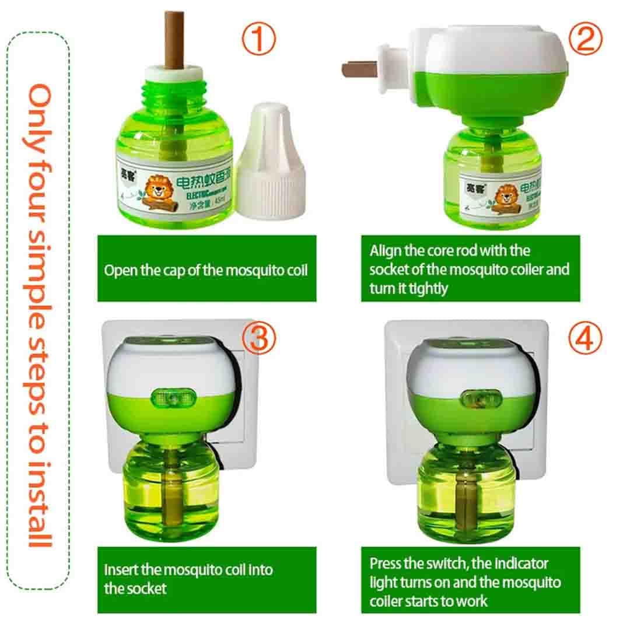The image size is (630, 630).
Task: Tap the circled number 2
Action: pos(584,40)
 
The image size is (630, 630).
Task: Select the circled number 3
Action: pos(259,339)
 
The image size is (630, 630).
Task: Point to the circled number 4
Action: pos(584,339)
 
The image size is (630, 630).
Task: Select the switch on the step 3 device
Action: pos(171,398)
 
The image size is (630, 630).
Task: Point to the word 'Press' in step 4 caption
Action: pos(385,563)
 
